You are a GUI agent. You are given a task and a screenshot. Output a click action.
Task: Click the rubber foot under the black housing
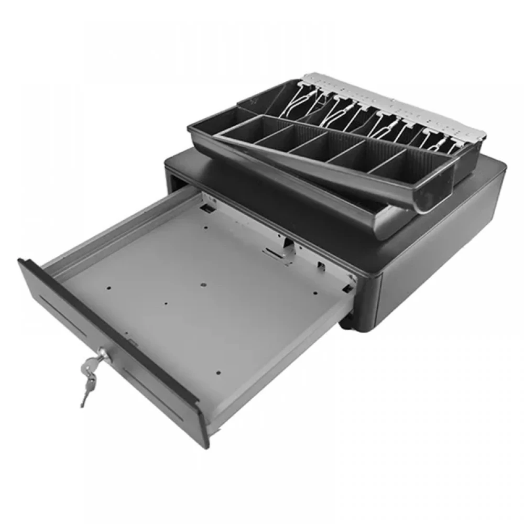tap(346, 323)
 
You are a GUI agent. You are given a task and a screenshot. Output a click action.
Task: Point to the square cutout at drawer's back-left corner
tap(209, 210)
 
